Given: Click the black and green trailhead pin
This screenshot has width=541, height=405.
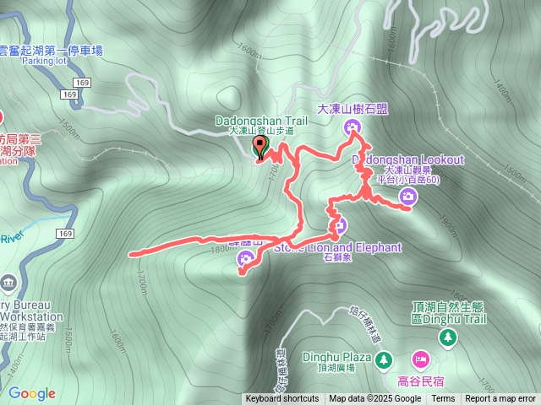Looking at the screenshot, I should coord(260,148).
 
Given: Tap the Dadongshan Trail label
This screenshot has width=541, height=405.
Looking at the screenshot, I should coord(261,121).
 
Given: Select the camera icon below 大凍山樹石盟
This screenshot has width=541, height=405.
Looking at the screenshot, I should coord(352,127).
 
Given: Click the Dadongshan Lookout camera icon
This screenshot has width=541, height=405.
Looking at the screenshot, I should coord(408,197).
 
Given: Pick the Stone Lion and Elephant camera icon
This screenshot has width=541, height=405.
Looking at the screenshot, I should coord(339,224).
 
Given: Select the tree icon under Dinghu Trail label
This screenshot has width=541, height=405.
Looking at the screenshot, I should coord(447,337).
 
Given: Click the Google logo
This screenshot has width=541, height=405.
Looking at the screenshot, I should coord(32,393).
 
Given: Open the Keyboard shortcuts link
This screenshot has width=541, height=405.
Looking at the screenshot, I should coord(282,399).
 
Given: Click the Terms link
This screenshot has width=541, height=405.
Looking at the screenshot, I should coord(443,399).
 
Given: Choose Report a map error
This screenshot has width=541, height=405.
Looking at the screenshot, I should coord(500,399).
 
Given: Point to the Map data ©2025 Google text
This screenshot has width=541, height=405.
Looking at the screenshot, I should coord(374,399).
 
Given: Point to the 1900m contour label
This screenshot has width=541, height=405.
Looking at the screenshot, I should coord(447,227).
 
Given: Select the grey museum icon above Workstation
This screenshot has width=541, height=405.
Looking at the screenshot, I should coord(8,282).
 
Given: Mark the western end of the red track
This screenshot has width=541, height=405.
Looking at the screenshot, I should coord(131,253).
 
